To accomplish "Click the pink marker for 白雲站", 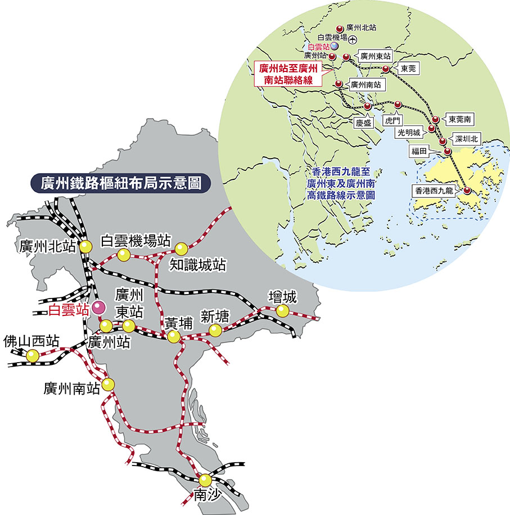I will [99, 307].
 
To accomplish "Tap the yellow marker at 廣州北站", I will [85, 246].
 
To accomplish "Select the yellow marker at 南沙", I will [205, 480].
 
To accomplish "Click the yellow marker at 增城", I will [282, 310].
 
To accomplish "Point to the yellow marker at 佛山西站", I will [33, 355].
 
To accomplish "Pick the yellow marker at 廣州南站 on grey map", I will [108, 384].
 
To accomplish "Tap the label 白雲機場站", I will [135, 241].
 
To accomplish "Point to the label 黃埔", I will [179, 323].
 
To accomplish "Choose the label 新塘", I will [215, 317].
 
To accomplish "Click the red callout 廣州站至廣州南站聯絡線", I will [288, 74].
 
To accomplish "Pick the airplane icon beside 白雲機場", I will [352, 39].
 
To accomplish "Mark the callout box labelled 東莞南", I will [460, 119].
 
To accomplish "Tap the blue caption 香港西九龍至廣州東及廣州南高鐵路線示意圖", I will [341, 182].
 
